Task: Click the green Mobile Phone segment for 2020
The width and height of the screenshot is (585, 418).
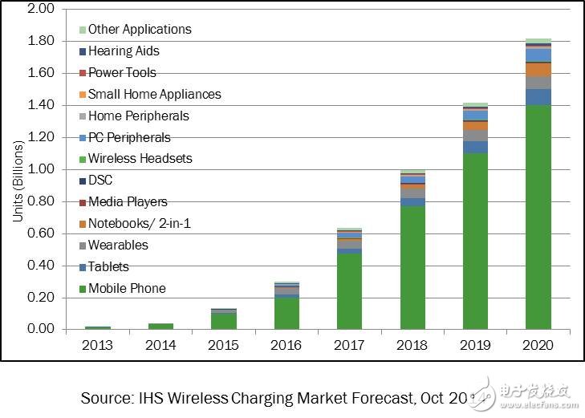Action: point(538,217)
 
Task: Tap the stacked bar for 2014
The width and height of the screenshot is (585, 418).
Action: point(161,326)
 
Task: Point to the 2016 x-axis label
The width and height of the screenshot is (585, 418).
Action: point(287,346)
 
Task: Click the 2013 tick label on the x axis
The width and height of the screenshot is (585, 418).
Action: point(98,346)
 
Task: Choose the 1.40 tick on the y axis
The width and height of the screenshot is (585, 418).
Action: point(40,105)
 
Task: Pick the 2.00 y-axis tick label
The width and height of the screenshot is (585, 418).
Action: point(40,9)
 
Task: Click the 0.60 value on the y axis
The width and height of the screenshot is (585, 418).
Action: point(40,233)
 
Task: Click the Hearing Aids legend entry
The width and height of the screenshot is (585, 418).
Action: point(124,51)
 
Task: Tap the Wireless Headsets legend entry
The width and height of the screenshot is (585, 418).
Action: point(140,159)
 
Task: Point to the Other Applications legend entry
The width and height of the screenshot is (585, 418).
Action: point(140,29)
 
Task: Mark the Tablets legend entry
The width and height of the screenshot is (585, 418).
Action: point(108,266)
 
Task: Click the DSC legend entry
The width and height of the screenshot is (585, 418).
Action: point(100,181)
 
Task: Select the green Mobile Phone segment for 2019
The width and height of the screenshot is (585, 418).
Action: point(475,241)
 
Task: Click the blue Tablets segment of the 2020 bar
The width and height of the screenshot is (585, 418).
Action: point(538,96)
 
